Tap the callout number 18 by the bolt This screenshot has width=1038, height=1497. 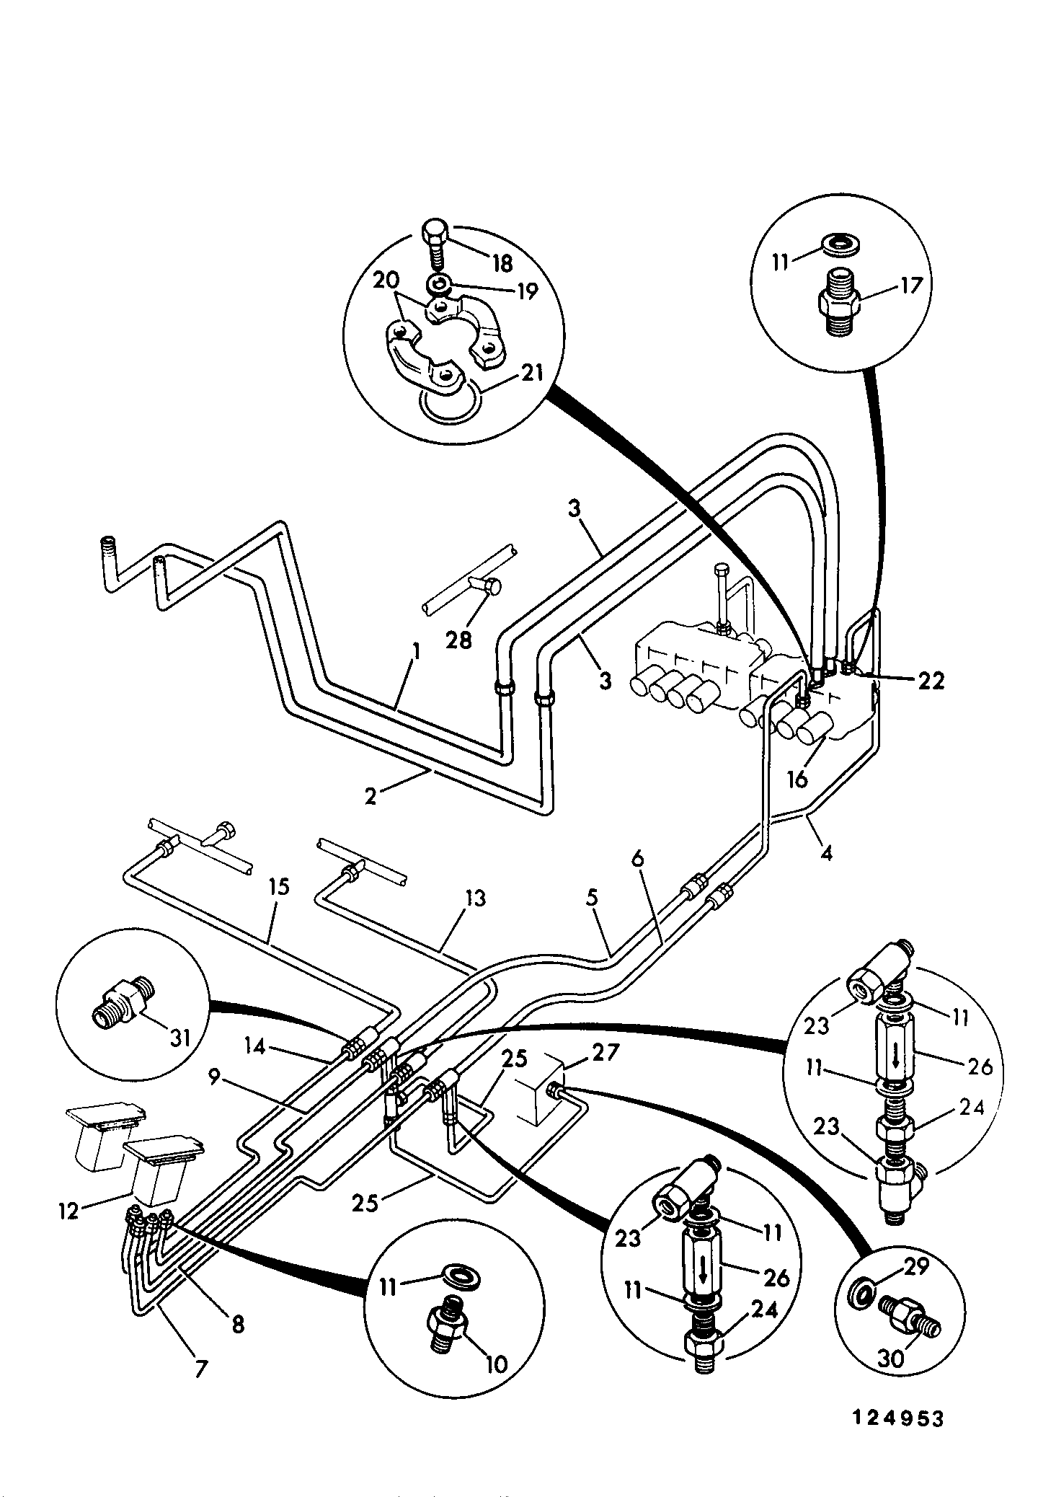coord(502,264)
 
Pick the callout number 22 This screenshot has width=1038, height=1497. coord(930,681)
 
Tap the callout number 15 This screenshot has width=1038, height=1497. coord(279,886)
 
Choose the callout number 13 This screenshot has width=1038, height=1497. coord(474,898)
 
